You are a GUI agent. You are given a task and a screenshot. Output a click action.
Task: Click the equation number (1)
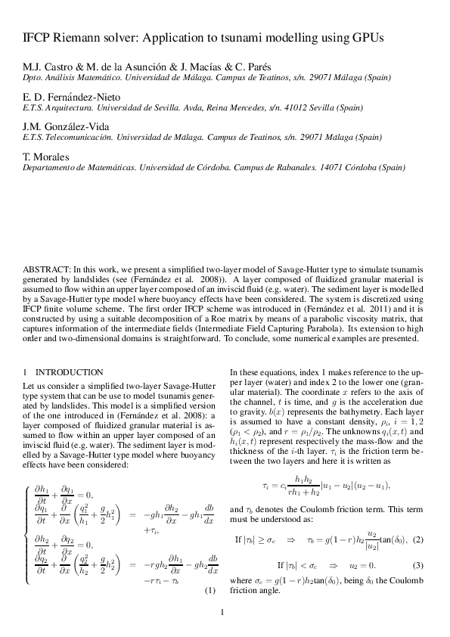tap(211, 590)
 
